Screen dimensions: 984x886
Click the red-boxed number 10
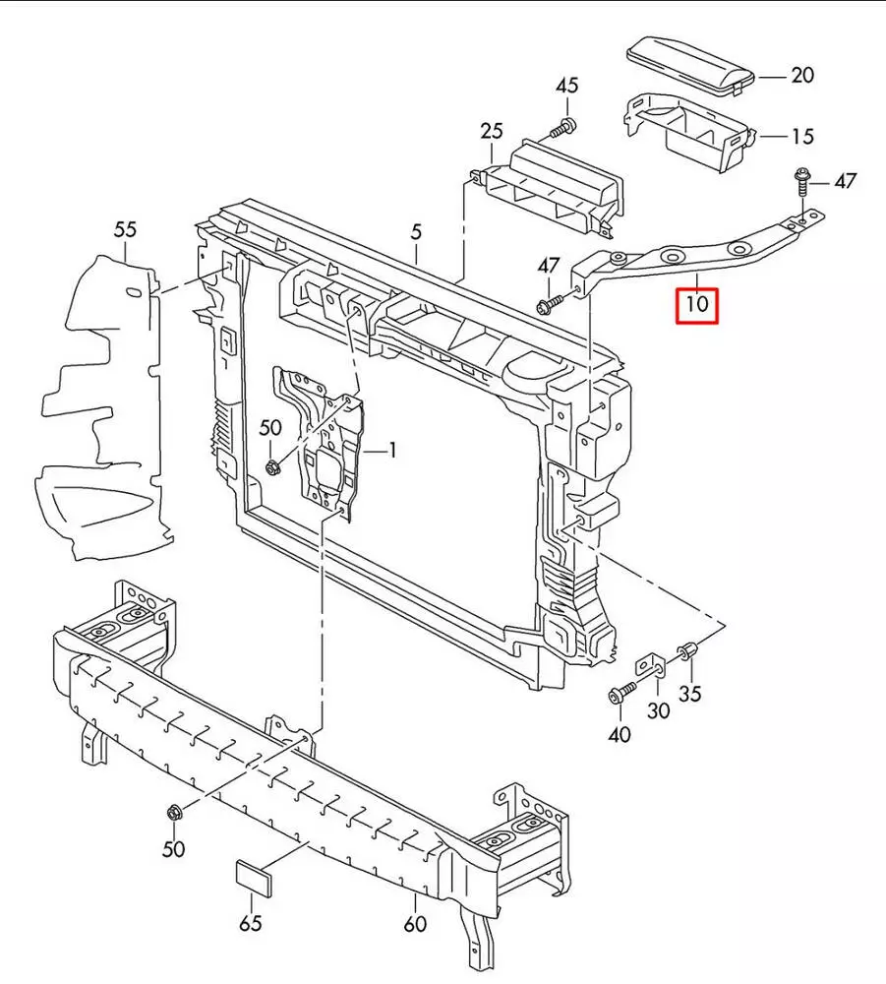click(697, 304)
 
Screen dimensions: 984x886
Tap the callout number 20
click(803, 75)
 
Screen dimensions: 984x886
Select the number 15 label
click(802, 136)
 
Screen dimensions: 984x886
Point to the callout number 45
click(567, 86)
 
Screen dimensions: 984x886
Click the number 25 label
click(492, 131)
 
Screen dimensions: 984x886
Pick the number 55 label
click(125, 229)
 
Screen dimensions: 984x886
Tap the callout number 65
click(252, 923)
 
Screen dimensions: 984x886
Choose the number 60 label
click(416, 923)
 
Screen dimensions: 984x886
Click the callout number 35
click(691, 694)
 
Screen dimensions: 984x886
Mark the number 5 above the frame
click(416, 232)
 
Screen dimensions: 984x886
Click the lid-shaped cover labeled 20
click(692, 64)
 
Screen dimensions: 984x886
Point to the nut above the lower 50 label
click(175, 813)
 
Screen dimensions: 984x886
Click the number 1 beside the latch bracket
click(391, 451)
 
